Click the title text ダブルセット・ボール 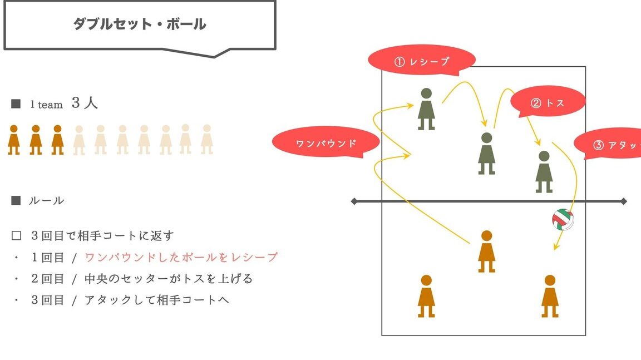tap(140, 24)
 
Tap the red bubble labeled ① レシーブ tap(421, 61)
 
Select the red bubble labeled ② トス tap(548, 102)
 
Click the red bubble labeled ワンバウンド tap(326, 142)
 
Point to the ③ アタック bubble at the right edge tap(608, 144)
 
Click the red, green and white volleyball tap(563, 219)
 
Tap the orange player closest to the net tap(486, 251)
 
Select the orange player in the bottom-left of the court tap(426, 296)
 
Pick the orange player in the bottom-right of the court tap(550, 296)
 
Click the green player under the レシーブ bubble tap(426, 109)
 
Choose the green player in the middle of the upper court tap(486, 153)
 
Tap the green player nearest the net tap(544, 171)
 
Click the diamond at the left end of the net tap(354, 201)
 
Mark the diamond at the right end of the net tap(623, 201)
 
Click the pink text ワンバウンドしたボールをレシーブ tap(181, 257)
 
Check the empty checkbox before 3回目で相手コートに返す tap(16, 236)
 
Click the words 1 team tap(46, 105)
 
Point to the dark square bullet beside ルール tap(16, 200)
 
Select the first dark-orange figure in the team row tap(14, 140)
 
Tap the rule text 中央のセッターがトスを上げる tap(169, 279)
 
